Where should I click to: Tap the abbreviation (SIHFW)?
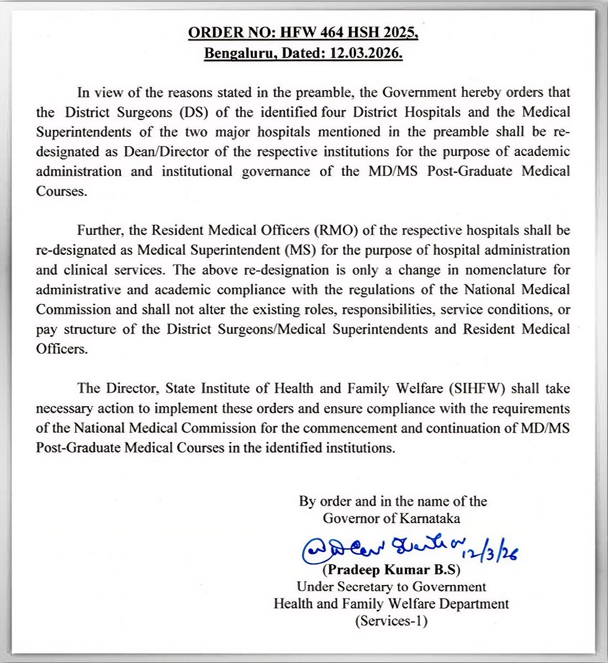pyautogui.click(x=482, y=388)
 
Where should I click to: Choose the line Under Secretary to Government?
pyautogui.click(x=391, y=587)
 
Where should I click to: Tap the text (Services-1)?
pyautogui.click(x=391, y=620)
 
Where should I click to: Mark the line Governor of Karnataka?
pyautogui.click(x=392, y=518)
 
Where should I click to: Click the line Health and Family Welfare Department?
pyautogui.click(x=391, y=603)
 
